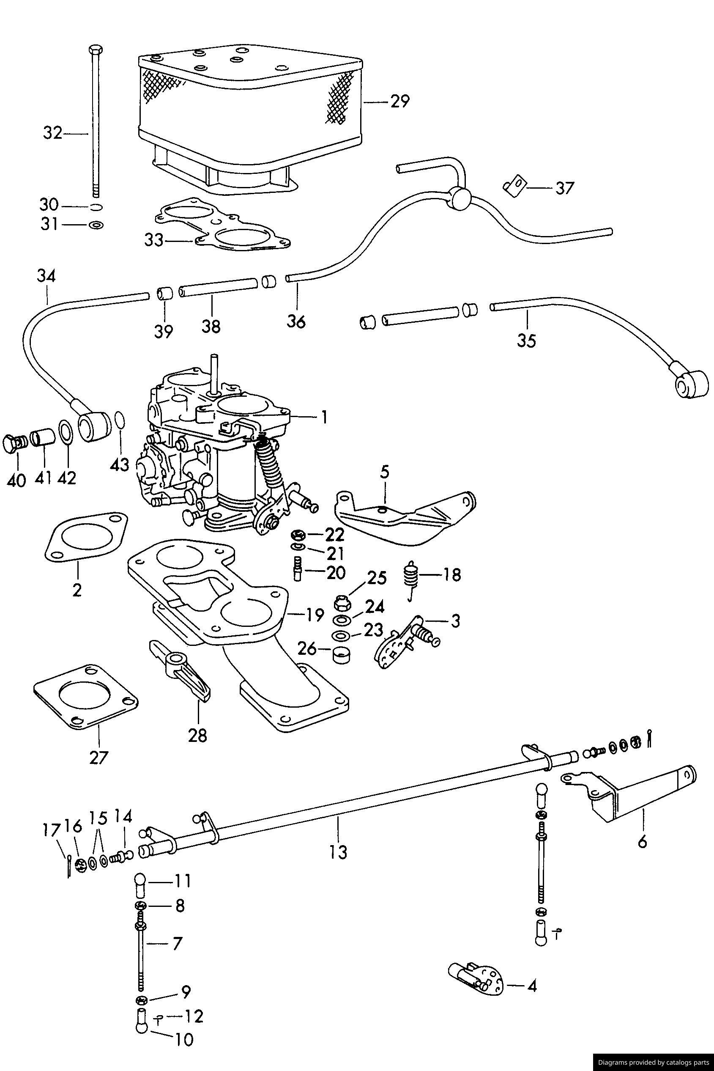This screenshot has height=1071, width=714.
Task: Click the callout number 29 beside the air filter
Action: click(x=399, y=101)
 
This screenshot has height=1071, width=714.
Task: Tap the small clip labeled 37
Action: click(x=514, y=187)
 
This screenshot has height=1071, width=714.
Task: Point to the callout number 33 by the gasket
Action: click(x=154, y=240)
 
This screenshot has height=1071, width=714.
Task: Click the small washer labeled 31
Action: click(x=96, y=225)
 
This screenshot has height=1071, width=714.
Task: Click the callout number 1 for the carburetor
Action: click(x=324, y=417)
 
